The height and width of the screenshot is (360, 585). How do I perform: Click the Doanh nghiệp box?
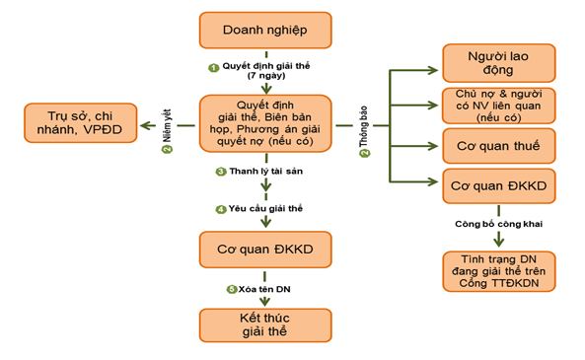(265, 31)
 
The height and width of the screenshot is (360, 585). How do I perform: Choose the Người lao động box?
(497, 62)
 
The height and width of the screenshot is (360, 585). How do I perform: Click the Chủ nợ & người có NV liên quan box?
(497, 104)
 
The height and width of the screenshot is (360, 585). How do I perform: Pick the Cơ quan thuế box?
(497, 146)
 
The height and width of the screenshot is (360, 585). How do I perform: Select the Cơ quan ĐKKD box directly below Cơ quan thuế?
(497, 185)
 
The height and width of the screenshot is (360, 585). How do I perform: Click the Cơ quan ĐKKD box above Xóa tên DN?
(265, 251)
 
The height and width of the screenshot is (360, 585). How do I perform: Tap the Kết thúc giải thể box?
(265, 324)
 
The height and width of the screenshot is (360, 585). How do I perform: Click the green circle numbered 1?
(212, 67)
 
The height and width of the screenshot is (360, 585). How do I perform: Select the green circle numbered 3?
(221, 172)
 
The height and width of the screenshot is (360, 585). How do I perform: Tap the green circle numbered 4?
(221, 209)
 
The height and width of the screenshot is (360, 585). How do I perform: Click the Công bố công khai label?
(497, 224)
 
